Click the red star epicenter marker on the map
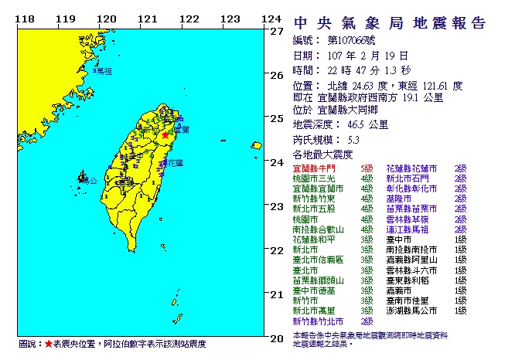pyautogui.click(x=165, y=134)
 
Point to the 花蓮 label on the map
pyautogui.click(x=176, y=163)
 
